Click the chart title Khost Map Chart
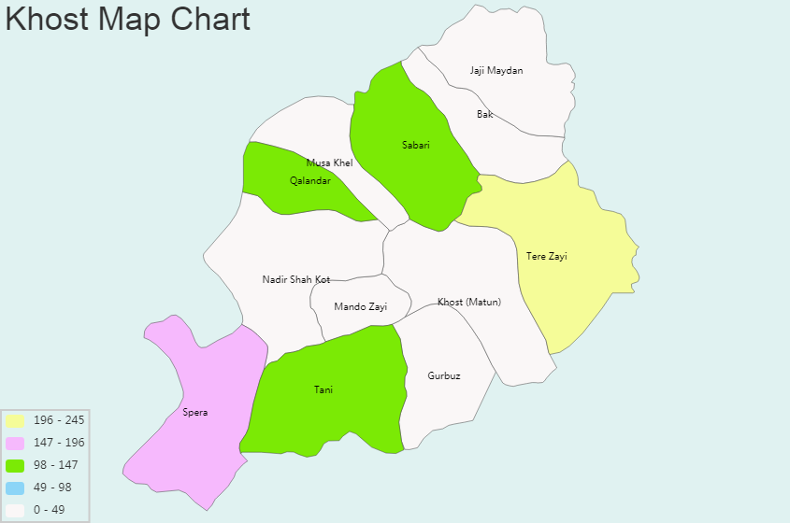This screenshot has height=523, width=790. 128,19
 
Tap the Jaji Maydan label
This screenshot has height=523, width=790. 496,71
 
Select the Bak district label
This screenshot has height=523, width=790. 484,115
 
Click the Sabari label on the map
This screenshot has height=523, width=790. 416,145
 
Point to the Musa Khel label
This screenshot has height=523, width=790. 329,163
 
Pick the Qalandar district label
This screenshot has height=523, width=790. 310,180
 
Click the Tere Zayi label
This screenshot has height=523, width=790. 547,256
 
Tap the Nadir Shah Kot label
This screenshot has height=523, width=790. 296,279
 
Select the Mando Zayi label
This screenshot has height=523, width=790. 360,306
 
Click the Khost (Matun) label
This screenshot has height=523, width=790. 469,302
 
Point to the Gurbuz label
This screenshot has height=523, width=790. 444,375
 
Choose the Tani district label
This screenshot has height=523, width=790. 323,390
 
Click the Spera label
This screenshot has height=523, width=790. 195,412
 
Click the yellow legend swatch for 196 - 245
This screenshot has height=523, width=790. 15,420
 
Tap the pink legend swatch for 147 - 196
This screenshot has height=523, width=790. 15,443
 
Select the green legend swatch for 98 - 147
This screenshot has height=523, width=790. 15,465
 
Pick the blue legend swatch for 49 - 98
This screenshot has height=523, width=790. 15,488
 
